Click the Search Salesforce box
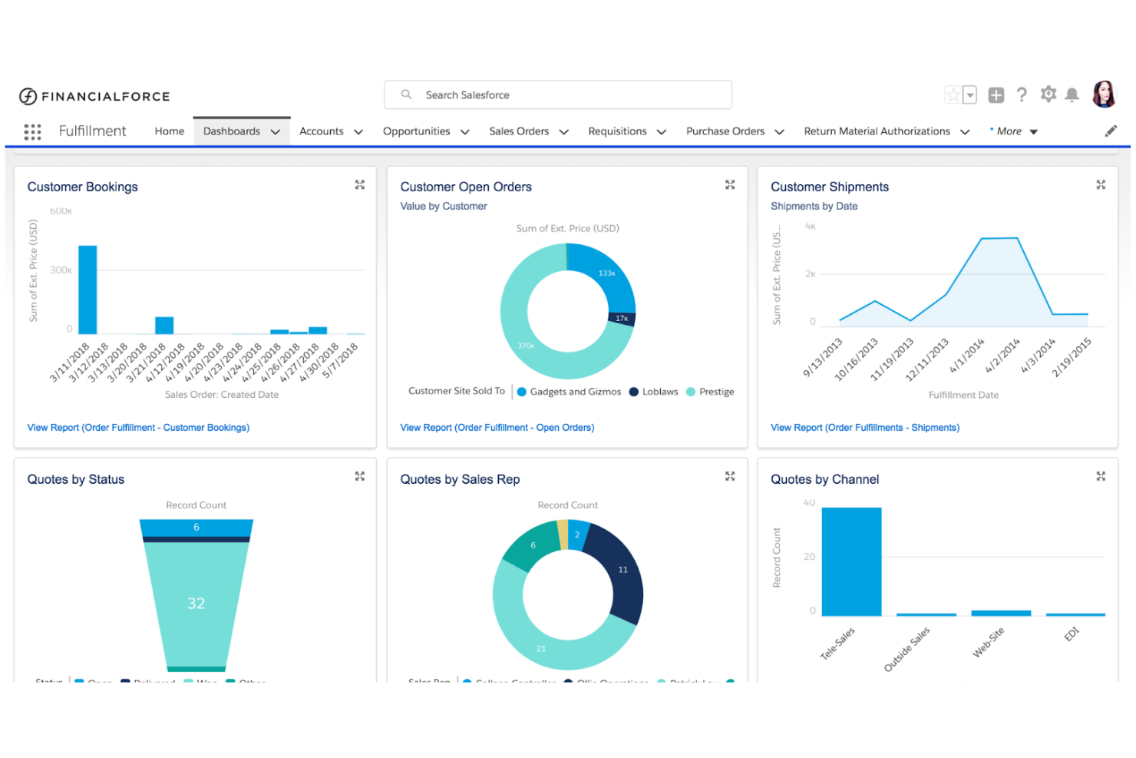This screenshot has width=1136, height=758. pyautogui.click(x=557, y=95)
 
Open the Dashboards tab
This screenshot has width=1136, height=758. pyautogui.click(x=232, y=131)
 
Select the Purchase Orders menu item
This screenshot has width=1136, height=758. pyautogui.click(x=725, y=131)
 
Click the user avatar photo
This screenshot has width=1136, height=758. pyautogui.click(x=1104, y=94)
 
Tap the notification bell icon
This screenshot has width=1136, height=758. pyautogui.click(x=1072, y=94)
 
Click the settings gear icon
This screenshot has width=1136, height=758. pyautogui.click(x=1048, y=94)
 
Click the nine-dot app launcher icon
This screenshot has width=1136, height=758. pyautogui.click(x=32, y=131)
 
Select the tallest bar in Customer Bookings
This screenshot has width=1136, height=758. pyautogui.click(x=88, y=290)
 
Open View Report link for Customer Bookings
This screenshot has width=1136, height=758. pyautogui.click(x=138, y=428)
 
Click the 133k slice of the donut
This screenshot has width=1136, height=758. pyautogui.click(x=606, y=273)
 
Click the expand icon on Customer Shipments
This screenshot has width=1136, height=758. pyautogui.click(x=1101, y=185)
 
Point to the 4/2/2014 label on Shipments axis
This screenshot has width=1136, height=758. pyautogui.click(x=1002, y=356)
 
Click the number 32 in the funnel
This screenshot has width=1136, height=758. pyautogui.click(x=196, y=604)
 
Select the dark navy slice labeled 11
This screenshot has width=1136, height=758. pyautogui.click(x=622, y=570)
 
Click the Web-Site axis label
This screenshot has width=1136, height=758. pyautogui.click(x=988, y=643)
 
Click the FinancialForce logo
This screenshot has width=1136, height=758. pyautogui.click(x=94, y=96)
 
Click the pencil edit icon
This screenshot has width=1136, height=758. pyautogui.click(x=1111, y=131)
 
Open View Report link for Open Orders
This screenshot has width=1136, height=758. pyautogui.click(x=497, y=428)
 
